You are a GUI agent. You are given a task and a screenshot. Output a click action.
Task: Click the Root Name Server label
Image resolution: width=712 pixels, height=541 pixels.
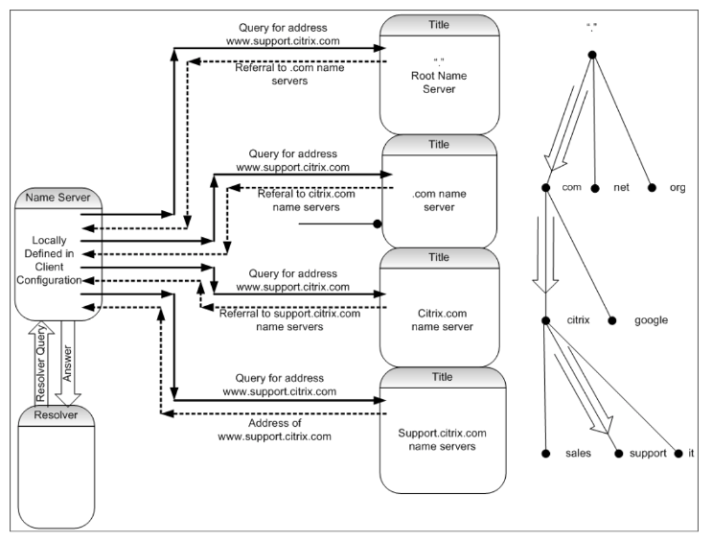point(439,82)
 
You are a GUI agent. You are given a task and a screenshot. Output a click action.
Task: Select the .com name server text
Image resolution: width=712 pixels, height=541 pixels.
point(439,200)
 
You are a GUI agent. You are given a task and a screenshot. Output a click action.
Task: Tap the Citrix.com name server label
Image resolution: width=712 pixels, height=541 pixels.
point(443,320)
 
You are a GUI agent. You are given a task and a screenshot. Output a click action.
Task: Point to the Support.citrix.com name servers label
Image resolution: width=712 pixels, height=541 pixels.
point(443,439)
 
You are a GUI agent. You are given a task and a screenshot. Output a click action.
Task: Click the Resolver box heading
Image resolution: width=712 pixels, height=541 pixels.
point(56,414)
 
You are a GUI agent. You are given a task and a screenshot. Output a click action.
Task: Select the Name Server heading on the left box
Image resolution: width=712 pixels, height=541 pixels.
point(57,198)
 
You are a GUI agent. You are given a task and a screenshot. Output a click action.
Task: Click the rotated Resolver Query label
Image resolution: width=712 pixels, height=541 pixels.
point(41,364)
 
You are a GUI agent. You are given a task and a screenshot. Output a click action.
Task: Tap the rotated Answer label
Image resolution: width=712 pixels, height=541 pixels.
point(67,364)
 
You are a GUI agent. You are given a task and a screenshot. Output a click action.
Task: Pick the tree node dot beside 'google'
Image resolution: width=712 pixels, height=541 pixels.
point(612,320)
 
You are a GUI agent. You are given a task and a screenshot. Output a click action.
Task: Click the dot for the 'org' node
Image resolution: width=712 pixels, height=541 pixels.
point(652,187)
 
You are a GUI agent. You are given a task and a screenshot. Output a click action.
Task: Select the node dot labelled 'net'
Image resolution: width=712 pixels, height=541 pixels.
point(595,188)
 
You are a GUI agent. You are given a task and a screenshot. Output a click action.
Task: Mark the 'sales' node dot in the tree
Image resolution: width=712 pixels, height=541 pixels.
point(546,454)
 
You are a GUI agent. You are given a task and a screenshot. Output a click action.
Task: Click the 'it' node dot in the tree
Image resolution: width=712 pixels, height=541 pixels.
point(678,454)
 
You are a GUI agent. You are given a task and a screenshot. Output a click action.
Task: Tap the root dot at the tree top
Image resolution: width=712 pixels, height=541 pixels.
point(592,55)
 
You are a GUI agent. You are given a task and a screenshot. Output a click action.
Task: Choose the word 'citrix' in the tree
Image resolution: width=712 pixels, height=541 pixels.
point(578,320)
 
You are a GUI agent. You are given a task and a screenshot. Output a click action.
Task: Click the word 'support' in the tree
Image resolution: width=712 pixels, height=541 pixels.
point(648,454)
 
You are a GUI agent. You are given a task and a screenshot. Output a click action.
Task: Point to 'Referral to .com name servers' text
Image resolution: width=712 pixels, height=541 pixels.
point(289,74)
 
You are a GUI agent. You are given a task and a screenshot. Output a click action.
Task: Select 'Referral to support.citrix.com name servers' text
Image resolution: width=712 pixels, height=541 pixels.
point(289,320)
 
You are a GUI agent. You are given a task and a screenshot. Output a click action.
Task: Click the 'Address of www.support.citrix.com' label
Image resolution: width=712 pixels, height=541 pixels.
point(275,430)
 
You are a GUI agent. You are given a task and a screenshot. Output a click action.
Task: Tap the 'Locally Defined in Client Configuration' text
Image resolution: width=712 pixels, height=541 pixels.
point(49,260)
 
